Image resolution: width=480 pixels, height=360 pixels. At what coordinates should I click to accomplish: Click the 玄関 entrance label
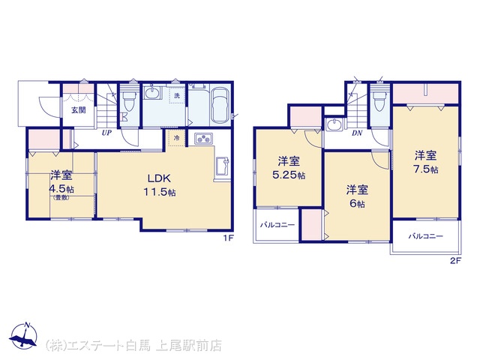point(78,110)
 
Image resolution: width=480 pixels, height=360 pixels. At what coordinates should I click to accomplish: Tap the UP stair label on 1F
point(106,133)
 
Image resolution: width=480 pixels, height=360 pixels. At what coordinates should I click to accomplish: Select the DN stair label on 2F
point(357,133)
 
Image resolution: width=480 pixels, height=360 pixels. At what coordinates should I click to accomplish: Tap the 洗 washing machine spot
point(177,95)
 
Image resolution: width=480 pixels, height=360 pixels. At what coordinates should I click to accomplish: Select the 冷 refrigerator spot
point(177,138)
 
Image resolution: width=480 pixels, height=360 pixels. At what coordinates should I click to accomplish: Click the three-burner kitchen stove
point(203,139)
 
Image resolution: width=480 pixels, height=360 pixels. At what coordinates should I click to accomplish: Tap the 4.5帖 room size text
point(61,189)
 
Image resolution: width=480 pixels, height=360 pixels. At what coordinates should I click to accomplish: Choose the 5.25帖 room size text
point(289,175)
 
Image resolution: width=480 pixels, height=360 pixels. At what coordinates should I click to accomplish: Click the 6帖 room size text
point(357,203)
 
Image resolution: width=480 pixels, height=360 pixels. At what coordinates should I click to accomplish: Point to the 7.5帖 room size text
point(426,169)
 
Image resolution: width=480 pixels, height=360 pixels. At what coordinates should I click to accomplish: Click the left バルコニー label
point(277,225)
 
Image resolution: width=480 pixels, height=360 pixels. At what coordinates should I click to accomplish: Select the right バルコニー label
point(425,236)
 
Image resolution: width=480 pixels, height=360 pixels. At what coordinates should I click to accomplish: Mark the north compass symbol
point(23,335)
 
